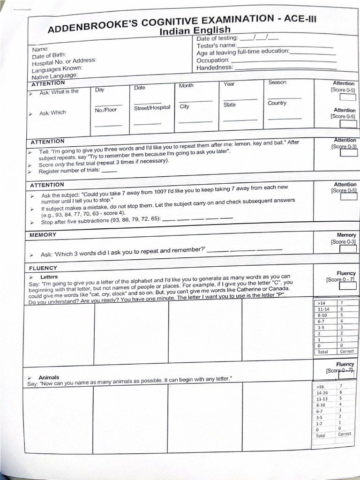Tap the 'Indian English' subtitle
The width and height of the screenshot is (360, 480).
(195, 31)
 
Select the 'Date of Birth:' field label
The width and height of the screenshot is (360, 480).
(49, 56)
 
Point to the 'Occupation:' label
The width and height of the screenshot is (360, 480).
(213, 60)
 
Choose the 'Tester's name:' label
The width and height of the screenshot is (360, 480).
(216, 45)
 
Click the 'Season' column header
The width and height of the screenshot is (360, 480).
(277, 82)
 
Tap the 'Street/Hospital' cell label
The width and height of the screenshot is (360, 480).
(152, 108)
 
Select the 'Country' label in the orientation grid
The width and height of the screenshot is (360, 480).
(277, 103)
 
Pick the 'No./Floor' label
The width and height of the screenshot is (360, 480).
(105, 110)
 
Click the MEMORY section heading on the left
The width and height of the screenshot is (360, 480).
(43, 235)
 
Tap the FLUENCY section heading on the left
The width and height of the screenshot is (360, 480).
(43, 268)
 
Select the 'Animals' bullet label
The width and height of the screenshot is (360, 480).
(49, 377)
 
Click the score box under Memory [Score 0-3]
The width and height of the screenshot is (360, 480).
(347, 249)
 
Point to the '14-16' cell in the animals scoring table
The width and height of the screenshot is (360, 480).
(322, 392)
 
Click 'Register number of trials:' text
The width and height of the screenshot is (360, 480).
(69, 171)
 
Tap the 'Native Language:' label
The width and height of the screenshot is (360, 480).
(54, 76)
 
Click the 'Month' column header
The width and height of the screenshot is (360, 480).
(186, 86)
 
